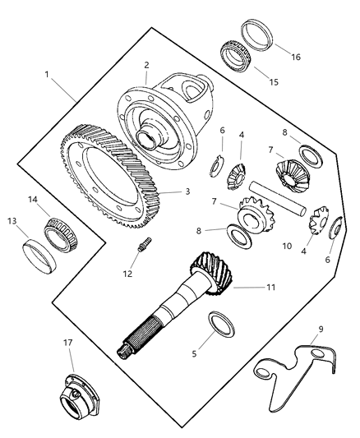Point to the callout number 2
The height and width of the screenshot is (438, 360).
tap(145, 65)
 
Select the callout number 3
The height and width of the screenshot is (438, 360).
tap(187, 191)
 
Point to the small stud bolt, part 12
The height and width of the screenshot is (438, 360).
tap(145, 246)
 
